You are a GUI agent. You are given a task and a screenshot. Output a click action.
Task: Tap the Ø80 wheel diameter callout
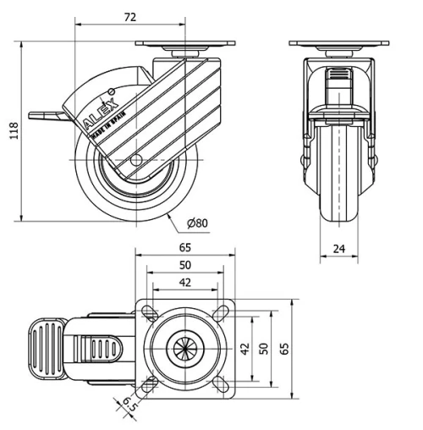196,223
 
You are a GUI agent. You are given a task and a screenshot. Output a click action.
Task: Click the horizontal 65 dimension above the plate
184,248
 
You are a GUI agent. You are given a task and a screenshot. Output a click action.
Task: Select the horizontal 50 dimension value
184,266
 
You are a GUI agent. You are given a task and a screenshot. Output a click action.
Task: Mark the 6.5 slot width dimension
128,406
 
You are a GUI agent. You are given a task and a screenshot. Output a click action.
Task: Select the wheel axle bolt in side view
135,159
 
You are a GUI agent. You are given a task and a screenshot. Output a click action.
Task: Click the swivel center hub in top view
184,348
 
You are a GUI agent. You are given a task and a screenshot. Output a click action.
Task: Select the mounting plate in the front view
338,44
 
